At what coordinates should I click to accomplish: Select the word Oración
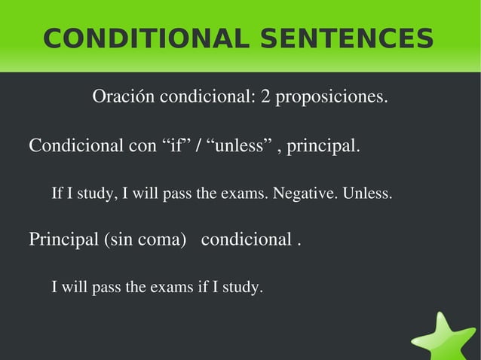(123, 97)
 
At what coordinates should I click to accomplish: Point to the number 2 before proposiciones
(266, 97)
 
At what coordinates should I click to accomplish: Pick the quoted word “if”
(176, 145)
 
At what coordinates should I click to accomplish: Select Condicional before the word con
(72, 145)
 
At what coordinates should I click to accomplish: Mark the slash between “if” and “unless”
(198, 145)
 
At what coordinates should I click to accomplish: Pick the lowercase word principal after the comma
(326, 145)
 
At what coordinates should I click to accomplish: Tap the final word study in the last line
(241, 287)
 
